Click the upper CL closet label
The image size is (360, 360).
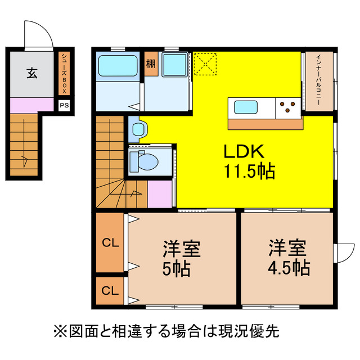click(x=110, y=243)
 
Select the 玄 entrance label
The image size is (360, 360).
click(x=31, y=73)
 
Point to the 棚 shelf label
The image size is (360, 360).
click(x=151, y=62)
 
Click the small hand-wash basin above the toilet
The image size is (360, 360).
click(x=138, y=129)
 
